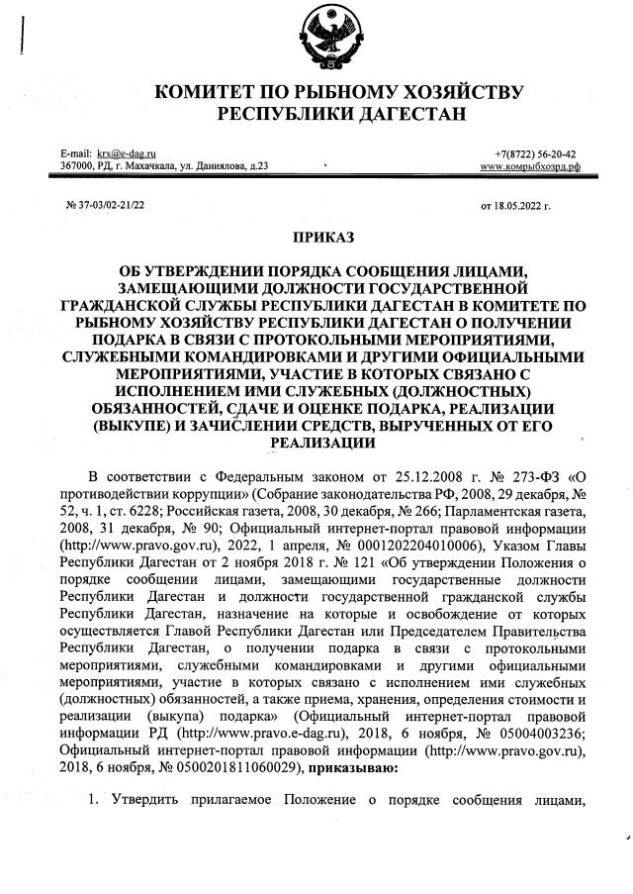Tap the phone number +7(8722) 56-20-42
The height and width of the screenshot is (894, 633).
[535, 154]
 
